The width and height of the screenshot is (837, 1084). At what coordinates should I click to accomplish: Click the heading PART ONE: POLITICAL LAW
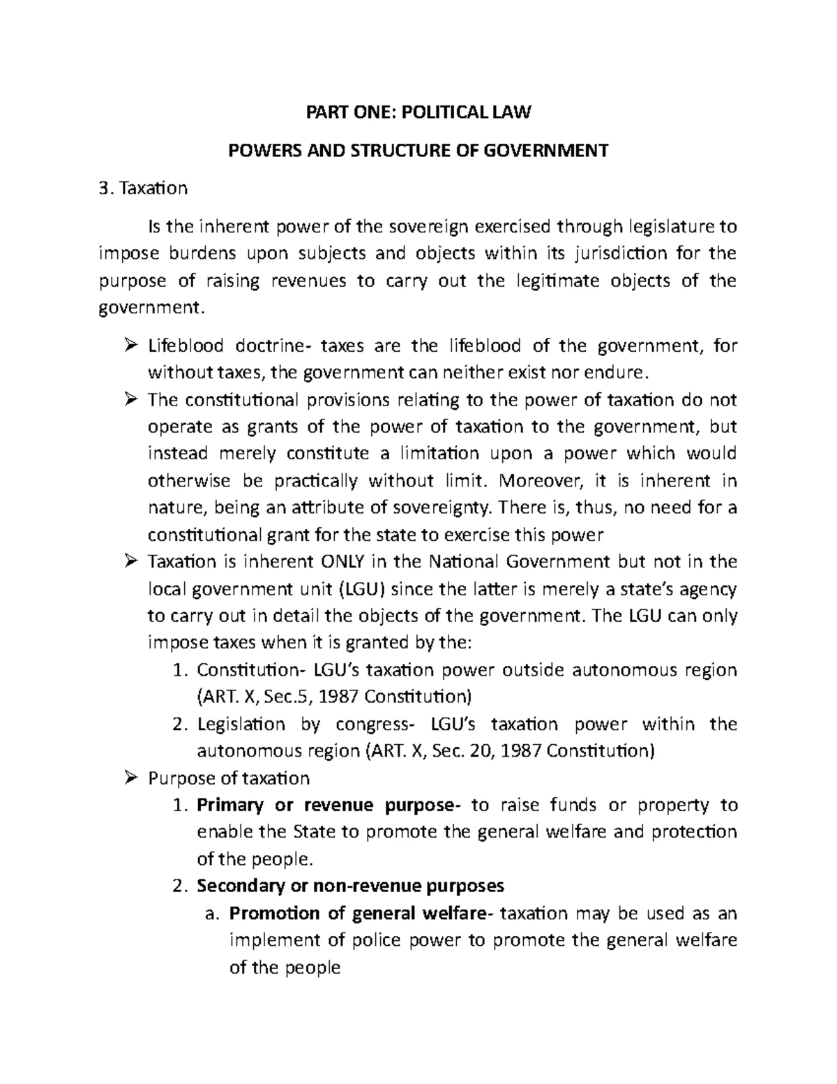tap(419, 112)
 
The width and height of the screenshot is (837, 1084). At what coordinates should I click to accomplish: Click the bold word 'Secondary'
tap(236, 886)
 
